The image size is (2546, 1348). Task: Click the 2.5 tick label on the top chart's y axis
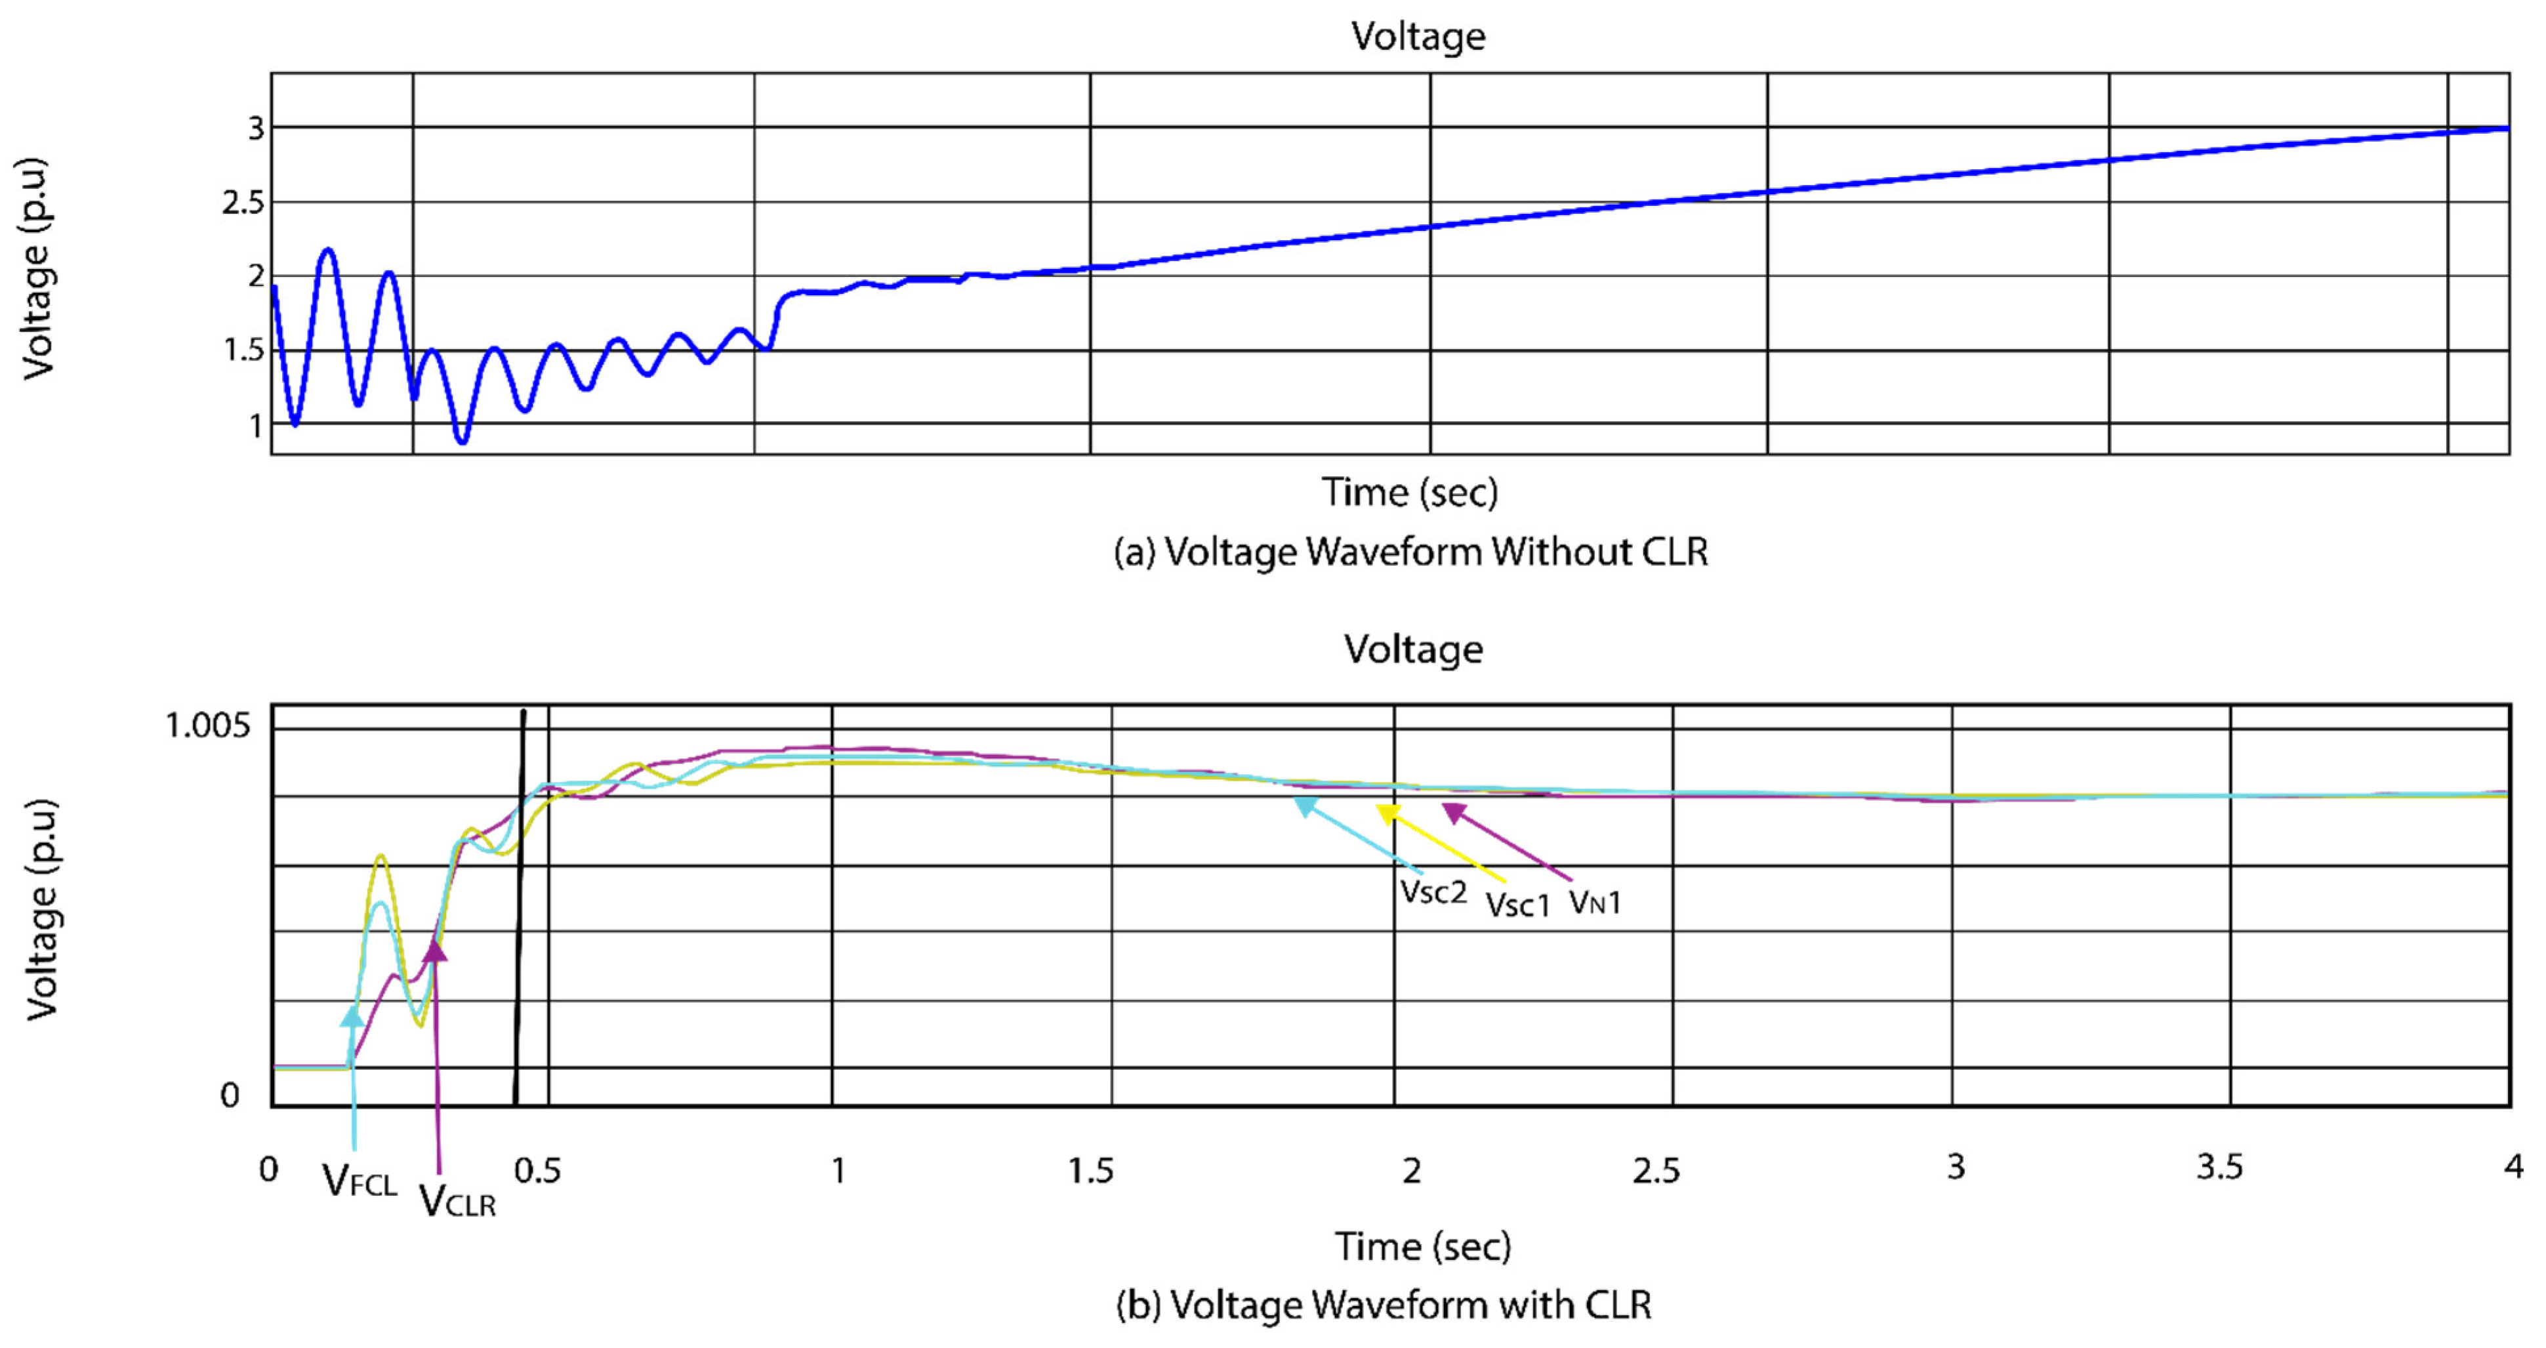(x=243, y=203)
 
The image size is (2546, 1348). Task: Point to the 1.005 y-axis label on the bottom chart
(x=207, y=726)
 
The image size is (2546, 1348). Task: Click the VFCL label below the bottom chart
(x=359, y=1181)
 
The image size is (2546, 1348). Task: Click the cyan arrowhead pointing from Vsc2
(x=1305, y=806)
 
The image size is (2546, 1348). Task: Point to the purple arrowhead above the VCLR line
(x=435, y=949)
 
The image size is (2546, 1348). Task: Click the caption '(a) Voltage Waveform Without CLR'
(x=1410, y=552)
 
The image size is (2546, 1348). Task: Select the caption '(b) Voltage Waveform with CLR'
(x=1384, y=1305)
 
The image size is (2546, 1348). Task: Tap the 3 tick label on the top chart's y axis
(x=256, y=129)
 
